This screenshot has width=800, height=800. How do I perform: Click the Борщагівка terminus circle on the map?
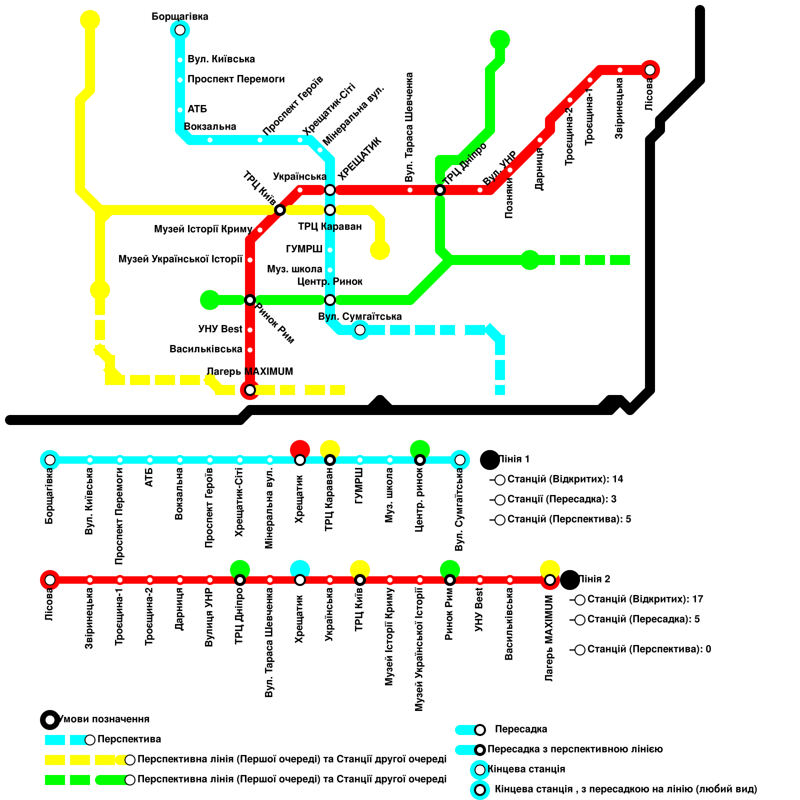180,30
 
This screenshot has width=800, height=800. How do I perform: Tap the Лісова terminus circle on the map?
649,70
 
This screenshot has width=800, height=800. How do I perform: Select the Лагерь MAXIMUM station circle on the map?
250,389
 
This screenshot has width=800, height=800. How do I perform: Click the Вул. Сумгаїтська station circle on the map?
359,330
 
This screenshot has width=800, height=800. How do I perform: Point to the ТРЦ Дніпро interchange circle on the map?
440,190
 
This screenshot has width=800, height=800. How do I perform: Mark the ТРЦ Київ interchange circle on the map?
280,209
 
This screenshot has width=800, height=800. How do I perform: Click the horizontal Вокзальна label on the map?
210,126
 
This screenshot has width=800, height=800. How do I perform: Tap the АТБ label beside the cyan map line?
197,109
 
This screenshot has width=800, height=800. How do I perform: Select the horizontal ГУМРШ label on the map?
304,249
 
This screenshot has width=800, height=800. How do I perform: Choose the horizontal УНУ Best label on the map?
220,329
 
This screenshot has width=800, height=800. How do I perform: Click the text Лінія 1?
513,459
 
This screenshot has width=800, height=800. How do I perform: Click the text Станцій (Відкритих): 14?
565,479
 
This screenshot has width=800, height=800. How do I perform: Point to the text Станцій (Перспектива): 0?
648,649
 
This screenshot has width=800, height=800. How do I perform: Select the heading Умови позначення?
104,719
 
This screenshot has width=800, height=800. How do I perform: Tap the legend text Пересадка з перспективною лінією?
575,749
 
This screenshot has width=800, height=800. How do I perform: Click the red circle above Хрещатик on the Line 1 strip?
300,449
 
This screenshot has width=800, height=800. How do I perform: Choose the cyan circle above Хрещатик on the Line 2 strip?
300,569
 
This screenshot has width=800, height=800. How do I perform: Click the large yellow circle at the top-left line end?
90,20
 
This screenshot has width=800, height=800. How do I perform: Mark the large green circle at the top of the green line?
500,40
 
